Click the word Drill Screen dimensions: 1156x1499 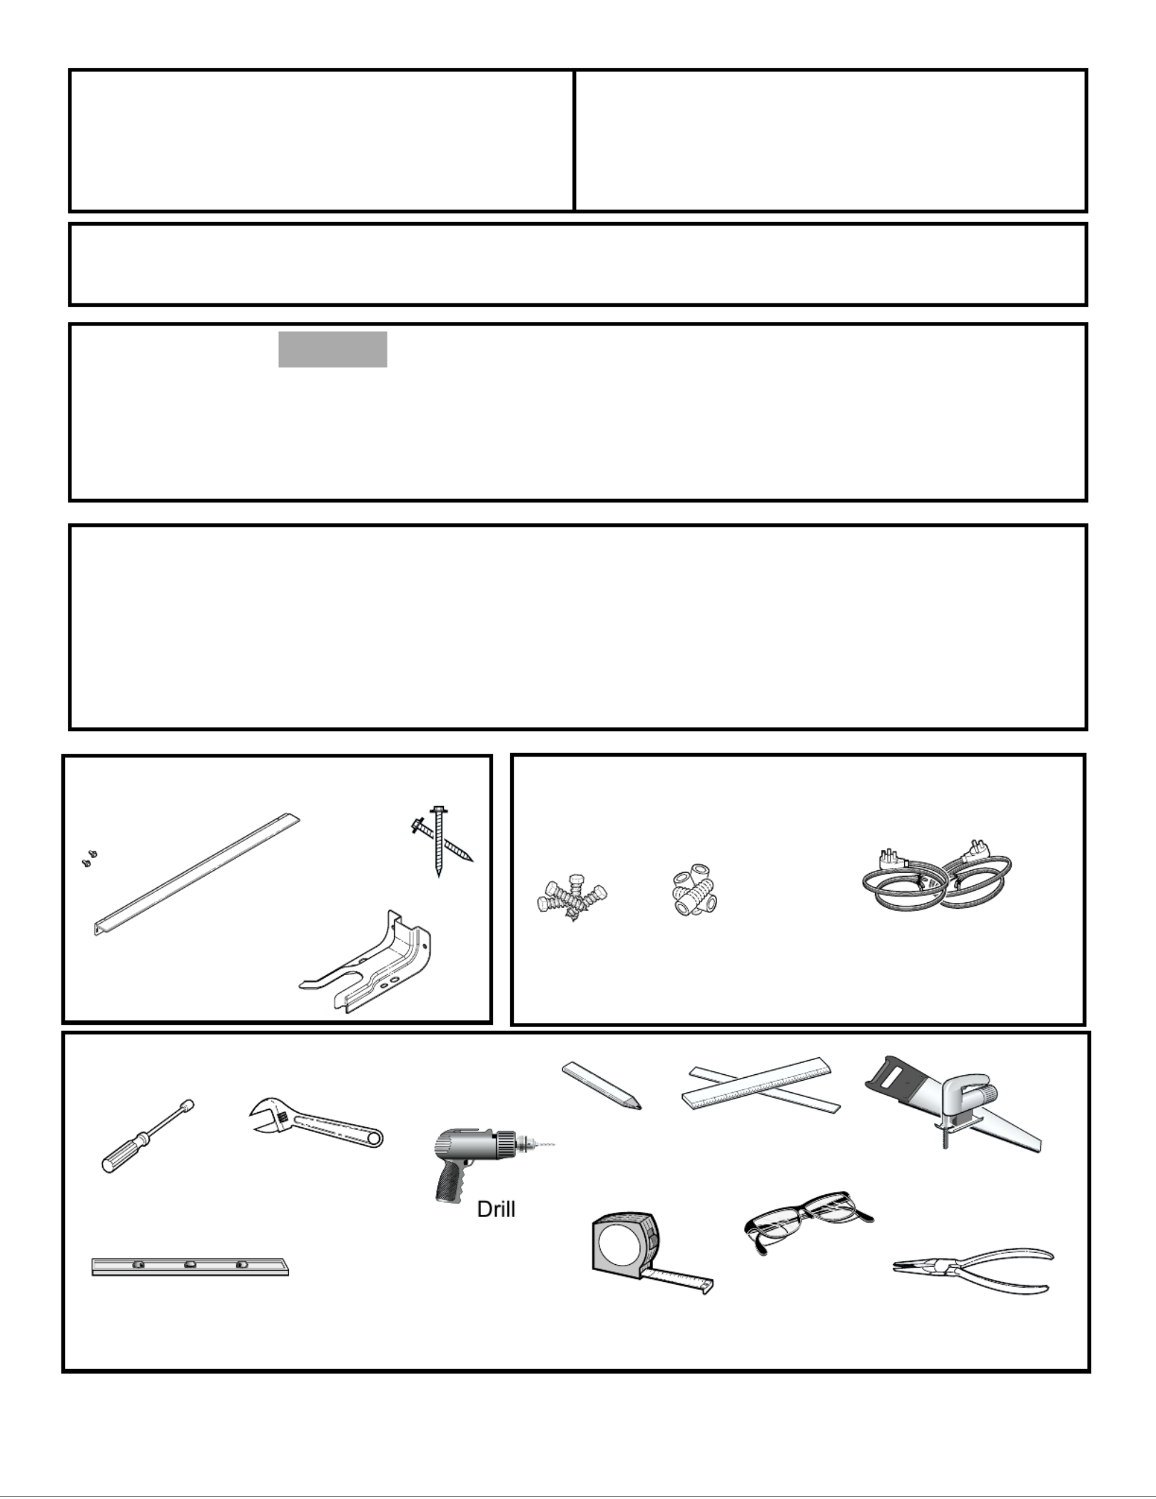click(496, 1209)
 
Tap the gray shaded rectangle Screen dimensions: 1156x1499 click(333, 349)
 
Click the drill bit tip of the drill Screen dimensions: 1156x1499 click(553, 1144)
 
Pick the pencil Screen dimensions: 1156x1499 click(602, 1086)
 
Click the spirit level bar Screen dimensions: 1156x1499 click(191, 1266)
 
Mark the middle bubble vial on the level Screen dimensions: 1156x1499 click(191, 1265)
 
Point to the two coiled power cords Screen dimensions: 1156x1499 click(936, 882)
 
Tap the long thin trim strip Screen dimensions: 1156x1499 click(197, 874)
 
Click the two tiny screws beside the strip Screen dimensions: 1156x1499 click(89, 858)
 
